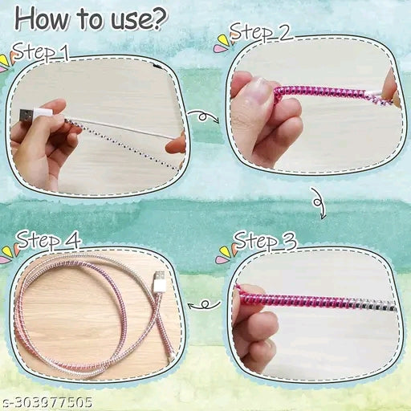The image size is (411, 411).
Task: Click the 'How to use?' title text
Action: tap(91, 19)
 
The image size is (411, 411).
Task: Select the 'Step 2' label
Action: tap(260, 33)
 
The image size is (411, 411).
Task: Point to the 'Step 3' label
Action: tap(266, 240)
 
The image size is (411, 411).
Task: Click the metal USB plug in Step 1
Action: tap(26, 116)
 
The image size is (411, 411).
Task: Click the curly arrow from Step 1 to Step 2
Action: tap(204, 116)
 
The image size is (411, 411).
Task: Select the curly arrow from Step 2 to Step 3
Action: tap(319, 203)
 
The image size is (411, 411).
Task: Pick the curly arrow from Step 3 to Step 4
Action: tap(205, 304)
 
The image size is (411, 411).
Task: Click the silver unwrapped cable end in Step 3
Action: tap(375, 306)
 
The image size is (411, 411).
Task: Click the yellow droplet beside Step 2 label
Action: tap(224, 40)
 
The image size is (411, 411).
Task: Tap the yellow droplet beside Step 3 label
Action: tap(226, 252)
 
